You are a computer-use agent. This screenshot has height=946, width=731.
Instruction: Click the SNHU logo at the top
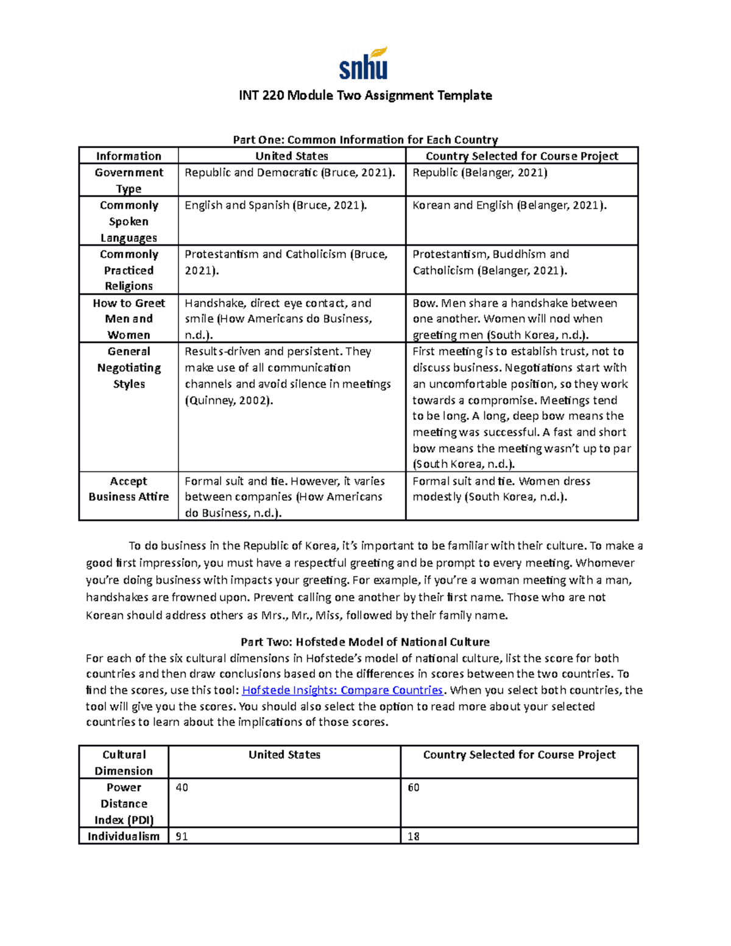[363, 63]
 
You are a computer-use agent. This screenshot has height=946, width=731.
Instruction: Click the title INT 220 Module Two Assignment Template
[365, 95]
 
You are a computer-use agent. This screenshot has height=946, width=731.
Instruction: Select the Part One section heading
[365, 139]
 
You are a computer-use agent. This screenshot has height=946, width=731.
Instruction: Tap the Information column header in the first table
[129, 156]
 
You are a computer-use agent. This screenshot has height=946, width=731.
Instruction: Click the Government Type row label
[129, 180]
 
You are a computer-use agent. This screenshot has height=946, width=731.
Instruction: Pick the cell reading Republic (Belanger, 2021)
[480, 173]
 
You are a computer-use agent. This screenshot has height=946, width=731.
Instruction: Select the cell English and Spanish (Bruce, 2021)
[276, 205]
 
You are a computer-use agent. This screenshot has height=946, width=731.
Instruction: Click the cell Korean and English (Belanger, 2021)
[509, 205]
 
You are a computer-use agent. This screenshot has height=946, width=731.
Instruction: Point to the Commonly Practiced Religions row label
[129, 270]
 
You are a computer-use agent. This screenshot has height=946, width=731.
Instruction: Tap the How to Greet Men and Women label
[129, 319]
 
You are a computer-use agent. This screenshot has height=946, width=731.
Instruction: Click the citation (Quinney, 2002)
[229, 400]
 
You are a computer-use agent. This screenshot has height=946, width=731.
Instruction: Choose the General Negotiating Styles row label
[129, 367]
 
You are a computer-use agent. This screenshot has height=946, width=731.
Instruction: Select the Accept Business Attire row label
[129, 489]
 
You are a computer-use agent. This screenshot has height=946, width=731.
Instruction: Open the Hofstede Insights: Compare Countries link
[342, 690]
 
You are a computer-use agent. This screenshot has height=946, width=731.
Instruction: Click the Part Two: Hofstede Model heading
[365, 641]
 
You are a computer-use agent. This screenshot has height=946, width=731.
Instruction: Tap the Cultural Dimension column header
[124, 762]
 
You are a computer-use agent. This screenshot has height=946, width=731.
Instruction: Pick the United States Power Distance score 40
[182, 788]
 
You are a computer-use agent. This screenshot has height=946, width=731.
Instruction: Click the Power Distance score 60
[414, 788]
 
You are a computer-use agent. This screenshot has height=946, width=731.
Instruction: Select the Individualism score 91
[182, 836]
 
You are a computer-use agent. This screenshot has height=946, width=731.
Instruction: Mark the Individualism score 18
[414, 836]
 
